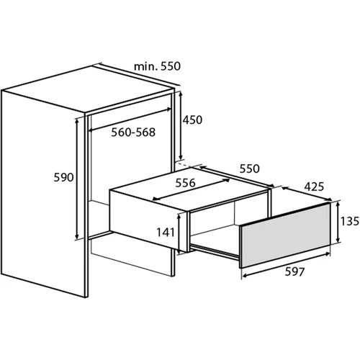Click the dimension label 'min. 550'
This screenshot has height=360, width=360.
click(x=157, y=66)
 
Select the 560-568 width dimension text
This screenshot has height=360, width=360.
click(x=133, y=132)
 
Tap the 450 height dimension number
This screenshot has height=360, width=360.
click(x=192, y=120)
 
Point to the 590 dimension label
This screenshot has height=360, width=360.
click(x=63, y=177)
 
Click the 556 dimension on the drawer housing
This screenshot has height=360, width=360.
click(x=185, y=183)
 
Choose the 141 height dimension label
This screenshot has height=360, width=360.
click(x=166, y=232)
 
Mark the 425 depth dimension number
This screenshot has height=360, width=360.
click(x=314, y=186)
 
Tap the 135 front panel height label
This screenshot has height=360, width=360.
click(x=350, y=221)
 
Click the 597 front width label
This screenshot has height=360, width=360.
click(x=294, y=271)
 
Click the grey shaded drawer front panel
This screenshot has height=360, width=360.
click(x=286, y=235)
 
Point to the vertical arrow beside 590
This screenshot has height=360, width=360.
click(x=77, y=179)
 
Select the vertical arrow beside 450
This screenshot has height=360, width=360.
click(x=181, y=125)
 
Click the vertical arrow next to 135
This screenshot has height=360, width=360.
click(x=338, y=222)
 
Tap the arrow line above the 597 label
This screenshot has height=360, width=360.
click(x=286, y=265)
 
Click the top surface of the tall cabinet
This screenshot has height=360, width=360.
click(x=89, y=89)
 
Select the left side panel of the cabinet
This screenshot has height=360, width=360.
click(x=43, y=193)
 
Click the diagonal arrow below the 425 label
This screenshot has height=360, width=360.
click(x=307, y=194)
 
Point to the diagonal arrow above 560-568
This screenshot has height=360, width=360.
click(x=130, y=120)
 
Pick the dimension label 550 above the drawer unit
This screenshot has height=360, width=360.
click(x=250, y=168)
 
